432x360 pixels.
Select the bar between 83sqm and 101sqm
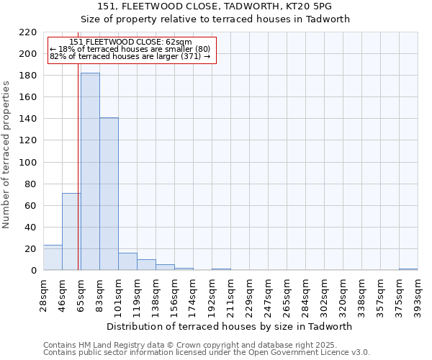109,194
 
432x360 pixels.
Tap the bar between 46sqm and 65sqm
71,231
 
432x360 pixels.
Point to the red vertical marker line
78,180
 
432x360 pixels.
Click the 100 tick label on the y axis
29,163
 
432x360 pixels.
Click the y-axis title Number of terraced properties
7,154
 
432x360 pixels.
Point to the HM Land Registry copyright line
205,345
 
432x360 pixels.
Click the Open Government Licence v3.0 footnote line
206,353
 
